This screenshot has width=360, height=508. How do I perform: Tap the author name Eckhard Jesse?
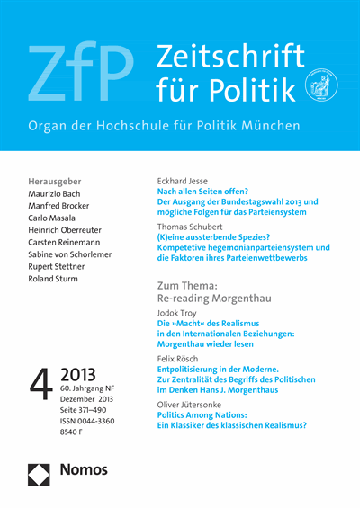pos(184,181)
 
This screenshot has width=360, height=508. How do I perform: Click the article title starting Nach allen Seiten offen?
pos(203,192)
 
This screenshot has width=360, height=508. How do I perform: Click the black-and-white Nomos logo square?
pos(39,470)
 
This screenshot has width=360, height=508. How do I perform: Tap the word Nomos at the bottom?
pos(83,469)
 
